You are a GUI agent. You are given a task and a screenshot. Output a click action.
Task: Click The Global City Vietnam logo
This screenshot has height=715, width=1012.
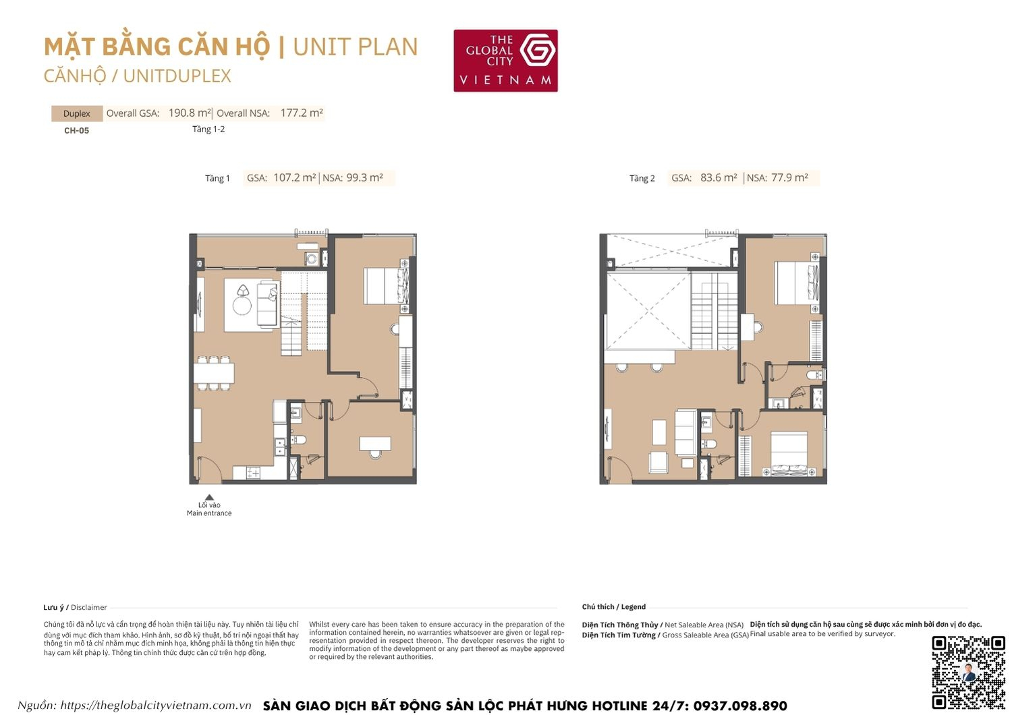(x=505, y=60)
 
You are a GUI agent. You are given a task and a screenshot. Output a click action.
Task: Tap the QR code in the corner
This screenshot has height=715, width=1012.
(x=968, y=672)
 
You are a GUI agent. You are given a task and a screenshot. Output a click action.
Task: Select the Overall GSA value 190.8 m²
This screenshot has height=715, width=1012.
(x=190, y=113)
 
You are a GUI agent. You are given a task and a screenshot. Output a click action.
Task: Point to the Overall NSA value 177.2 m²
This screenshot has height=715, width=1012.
(x=302, y=113)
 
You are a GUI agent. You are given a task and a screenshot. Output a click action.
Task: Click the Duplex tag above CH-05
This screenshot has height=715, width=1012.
(x=76, y=113)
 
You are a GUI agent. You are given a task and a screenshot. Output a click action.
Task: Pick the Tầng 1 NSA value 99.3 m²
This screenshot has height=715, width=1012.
(x=364, y=178)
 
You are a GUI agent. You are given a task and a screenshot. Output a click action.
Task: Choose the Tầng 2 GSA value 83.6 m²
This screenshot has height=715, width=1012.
(x=719, y=178)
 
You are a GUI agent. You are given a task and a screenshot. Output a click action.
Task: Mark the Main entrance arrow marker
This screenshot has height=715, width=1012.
(x=209, y=498)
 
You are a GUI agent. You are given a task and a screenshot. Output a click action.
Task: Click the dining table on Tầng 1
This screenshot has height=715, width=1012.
(x=214, y=372)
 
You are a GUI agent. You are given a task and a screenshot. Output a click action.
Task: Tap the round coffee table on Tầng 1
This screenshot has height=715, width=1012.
(x=242, y=306)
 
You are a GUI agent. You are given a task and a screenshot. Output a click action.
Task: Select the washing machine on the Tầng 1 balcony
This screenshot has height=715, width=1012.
(x=311, y=258)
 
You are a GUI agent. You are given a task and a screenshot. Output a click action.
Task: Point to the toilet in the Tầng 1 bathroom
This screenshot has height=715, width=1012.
(x=300, y=440)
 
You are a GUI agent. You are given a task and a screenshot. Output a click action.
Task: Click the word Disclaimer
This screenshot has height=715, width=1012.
(x=89, y=608)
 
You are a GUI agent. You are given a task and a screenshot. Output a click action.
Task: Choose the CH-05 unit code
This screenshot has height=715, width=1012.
(x=76, y=131)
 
